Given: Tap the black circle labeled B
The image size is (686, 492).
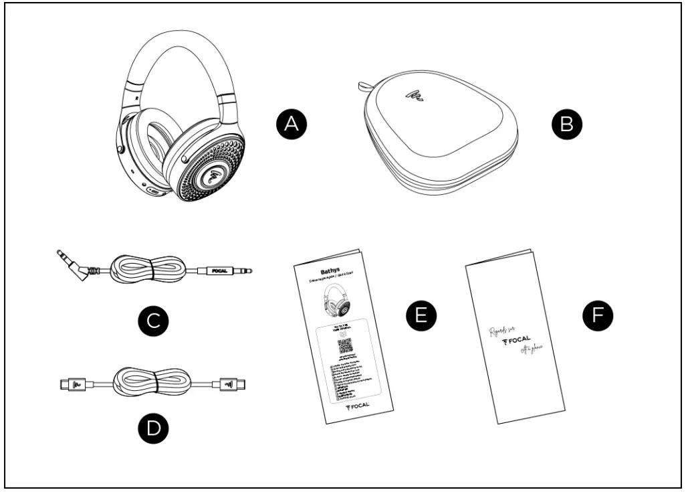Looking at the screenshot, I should [566, 125].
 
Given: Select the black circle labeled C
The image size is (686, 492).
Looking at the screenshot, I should [152, 321].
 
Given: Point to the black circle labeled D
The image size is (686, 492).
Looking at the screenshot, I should [152, 428].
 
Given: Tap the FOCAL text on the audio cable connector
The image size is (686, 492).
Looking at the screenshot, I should [219, 271].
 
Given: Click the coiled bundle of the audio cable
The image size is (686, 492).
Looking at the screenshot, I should [143, 269].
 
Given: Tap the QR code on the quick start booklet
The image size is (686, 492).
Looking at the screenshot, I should [344, 346].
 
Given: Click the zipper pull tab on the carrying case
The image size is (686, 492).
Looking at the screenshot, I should [364, 86].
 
